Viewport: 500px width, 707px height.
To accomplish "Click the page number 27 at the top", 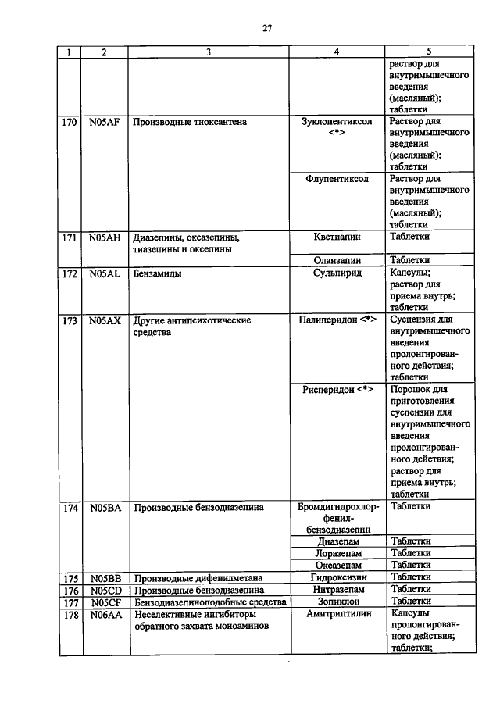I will point(266,29).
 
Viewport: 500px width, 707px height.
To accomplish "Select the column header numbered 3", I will point(208,52).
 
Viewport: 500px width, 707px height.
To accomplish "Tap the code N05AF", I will point(103,123).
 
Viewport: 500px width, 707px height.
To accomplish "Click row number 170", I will point(70,123).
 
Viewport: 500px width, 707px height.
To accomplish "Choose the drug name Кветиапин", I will point(337,237).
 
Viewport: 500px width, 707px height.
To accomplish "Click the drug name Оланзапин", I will point(337,260).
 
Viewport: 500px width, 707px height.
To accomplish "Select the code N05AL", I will point(103,274).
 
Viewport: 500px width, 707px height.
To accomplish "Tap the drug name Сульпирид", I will point(337,274).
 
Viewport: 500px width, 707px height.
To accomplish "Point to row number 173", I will point(70,320).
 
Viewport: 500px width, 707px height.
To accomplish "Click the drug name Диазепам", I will point(337,541).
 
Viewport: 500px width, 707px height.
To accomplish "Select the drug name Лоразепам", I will point(337,553).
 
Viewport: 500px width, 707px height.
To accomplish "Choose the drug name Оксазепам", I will point(337,565).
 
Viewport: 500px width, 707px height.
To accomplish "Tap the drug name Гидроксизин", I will point(337,577).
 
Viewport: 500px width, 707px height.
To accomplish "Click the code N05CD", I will point(103,590).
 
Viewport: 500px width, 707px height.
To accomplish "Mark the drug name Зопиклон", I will point(337,602).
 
